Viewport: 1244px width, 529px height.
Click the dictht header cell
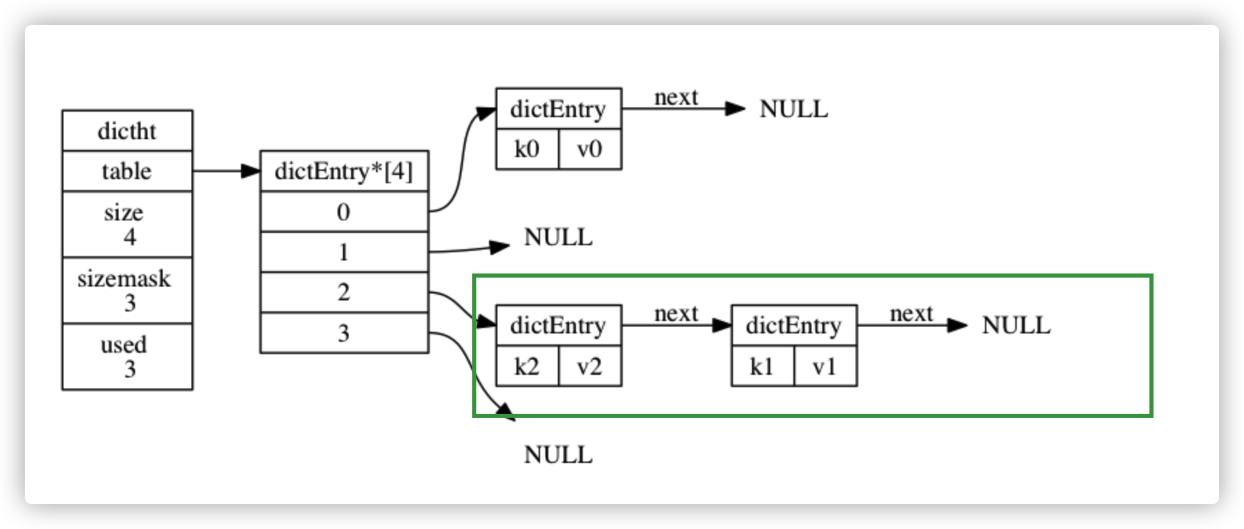(x=127, y=131)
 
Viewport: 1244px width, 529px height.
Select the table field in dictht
(x=127, y=171)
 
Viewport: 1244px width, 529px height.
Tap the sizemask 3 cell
(x=127, y=290)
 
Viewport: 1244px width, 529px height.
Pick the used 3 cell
(x=127, y=356)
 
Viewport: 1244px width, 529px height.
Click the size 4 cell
(x=127, y=224)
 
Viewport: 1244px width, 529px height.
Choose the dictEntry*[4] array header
(x=344, y=171)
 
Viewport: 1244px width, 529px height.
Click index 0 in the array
(x=344, y=211)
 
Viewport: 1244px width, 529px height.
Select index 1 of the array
(x=344, y=252)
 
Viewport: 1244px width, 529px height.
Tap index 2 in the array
(x=344, y=292)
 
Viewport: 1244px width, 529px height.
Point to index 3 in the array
(x=344, y=333)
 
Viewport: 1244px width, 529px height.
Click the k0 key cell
(x=527, y=149)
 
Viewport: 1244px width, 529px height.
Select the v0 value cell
(x=590, y=149)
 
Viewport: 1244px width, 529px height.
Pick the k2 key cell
(x=527, y=366)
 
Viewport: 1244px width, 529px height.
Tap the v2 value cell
(x=590, y=366)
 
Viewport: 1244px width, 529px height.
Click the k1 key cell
(x=762, y=366)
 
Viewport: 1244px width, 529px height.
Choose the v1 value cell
(x=825, y=366)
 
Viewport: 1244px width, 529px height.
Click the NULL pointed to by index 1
(x=558, y=238)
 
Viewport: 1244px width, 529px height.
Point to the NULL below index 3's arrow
(x=558, y=455)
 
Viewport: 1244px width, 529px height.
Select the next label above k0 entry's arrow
(x=676, y=98)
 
